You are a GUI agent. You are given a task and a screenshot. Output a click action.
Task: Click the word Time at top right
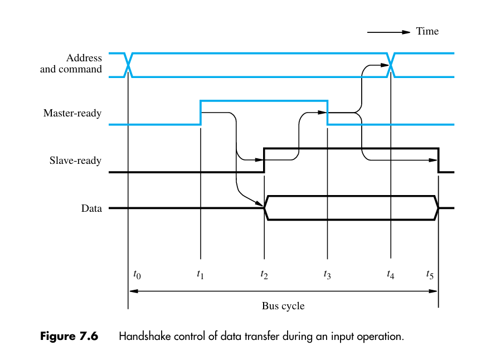[x=427, y=31]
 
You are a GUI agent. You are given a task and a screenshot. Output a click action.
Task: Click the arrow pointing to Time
[x=388, y=32]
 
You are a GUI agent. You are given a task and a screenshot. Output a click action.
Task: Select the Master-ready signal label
[x=72, y=114]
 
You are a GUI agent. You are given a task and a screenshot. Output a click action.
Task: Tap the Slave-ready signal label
[x=76, y=161]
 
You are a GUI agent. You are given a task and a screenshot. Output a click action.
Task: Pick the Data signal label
[x=91, y=208]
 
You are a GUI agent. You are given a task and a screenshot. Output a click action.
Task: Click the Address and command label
[x=71, y=64]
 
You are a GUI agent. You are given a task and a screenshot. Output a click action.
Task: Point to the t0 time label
[x=137, y=274]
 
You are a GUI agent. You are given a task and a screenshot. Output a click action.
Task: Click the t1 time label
[x=201, y=274]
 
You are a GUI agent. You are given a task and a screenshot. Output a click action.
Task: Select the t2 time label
[x=264, y=274]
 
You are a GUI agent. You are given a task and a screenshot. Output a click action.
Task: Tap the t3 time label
[x=327, y=274]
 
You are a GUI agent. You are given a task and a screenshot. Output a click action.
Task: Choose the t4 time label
[x=391, y=274]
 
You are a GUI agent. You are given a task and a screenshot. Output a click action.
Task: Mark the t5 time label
[x=430, y=274]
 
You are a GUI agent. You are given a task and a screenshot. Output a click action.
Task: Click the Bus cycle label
[x=283, y=306]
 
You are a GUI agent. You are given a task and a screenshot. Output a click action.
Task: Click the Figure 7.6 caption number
[x=69, y=337]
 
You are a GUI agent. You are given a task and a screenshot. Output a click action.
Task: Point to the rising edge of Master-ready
[x=201, y=113]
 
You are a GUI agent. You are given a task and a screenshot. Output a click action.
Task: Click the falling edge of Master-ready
[x=328, y=113]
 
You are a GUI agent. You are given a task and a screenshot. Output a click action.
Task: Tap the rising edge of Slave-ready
[x=264, y=160]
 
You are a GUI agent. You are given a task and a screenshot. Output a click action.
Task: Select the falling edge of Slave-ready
[x=439, y=160]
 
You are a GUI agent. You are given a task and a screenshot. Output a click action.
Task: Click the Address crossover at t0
[x=129, y=65]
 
